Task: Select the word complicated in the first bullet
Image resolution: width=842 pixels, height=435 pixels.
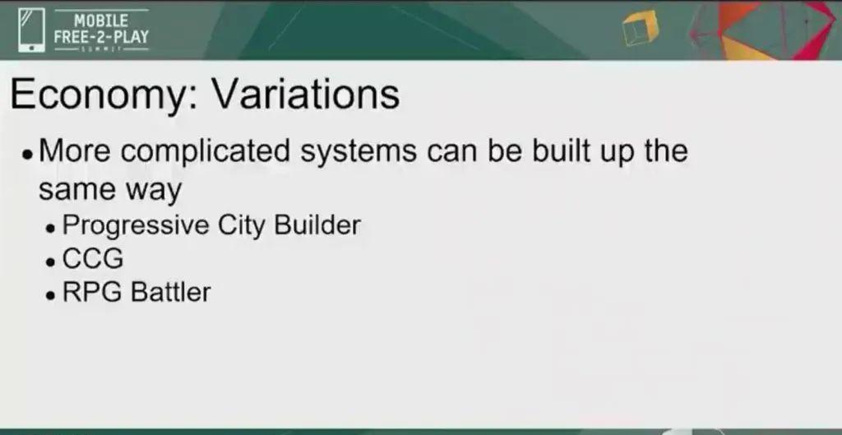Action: [205, 152]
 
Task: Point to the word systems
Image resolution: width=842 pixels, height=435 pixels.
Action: [359, 152]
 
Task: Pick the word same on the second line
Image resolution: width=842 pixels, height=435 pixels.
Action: [76, 190]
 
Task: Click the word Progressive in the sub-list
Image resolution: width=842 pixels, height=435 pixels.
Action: [136, 225]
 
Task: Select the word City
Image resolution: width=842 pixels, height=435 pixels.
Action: [241, 225]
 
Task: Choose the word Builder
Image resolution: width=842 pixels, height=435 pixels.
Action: [317, 224]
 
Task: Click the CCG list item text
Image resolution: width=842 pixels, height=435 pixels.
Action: [93, 259]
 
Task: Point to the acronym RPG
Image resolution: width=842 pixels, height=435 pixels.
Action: [93, 292]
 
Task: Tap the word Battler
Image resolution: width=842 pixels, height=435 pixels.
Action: [171, 292]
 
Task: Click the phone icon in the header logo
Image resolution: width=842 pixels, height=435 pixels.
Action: [32, 30]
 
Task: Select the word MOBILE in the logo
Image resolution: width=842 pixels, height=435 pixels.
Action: [101, 21]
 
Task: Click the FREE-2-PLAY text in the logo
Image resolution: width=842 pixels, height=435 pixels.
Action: [101, 38]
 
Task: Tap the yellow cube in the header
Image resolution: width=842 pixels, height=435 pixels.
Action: [640, 28]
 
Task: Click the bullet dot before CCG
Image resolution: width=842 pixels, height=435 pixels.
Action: [50, 262]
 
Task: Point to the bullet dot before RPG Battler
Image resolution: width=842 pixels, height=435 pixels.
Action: [50, 296]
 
